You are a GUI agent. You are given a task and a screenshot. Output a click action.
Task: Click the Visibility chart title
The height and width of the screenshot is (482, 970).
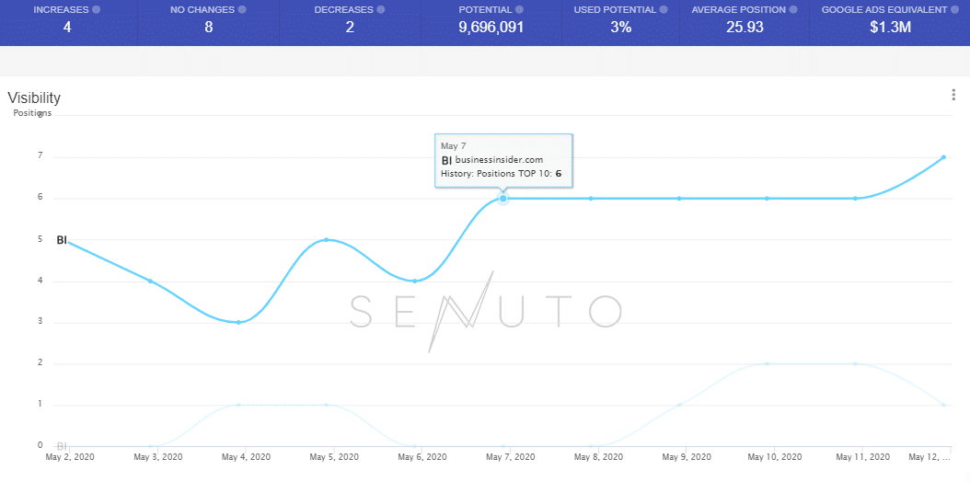[x=34, y=98]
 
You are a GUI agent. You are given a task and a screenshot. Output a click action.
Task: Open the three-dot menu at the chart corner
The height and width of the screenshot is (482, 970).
[x=953, y=95]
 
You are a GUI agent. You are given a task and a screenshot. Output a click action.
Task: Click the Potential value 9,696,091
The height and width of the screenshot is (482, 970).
[x=491, y=28]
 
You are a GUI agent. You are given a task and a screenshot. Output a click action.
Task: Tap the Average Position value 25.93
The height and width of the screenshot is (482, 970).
[x=744, y=28]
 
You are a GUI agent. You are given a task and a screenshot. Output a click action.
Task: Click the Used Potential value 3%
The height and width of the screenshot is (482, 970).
[x=620, y=28]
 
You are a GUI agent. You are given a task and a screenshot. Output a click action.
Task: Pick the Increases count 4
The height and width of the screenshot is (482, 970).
[x=67, y=28]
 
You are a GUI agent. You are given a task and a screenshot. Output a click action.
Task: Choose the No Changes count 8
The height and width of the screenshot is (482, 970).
[x=209, y=28]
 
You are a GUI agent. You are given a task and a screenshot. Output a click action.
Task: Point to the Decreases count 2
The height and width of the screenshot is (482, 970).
[x=350, y=28]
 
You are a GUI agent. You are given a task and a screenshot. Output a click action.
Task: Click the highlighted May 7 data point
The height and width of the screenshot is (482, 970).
[x=503, y=198]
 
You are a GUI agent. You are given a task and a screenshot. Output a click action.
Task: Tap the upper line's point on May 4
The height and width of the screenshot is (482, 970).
[x=238, y=322]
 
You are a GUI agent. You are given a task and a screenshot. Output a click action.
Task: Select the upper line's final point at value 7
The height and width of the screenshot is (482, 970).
[x=944, y=157]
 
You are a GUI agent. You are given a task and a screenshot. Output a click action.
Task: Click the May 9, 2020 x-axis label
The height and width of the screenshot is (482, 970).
[x=687, y=456]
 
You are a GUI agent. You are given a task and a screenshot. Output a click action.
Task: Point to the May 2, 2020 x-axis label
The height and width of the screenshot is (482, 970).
[x=70, y=456]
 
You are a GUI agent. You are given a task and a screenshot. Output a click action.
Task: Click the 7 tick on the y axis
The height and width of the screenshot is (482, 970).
[x=40, y=156]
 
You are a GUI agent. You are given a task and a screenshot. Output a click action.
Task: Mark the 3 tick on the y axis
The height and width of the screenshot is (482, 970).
[x=40, y=322]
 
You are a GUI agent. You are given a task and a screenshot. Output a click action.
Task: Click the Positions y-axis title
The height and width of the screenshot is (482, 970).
[x=32, y=113]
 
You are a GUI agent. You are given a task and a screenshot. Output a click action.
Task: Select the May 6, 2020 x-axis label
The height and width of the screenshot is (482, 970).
[x=422, y=456]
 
